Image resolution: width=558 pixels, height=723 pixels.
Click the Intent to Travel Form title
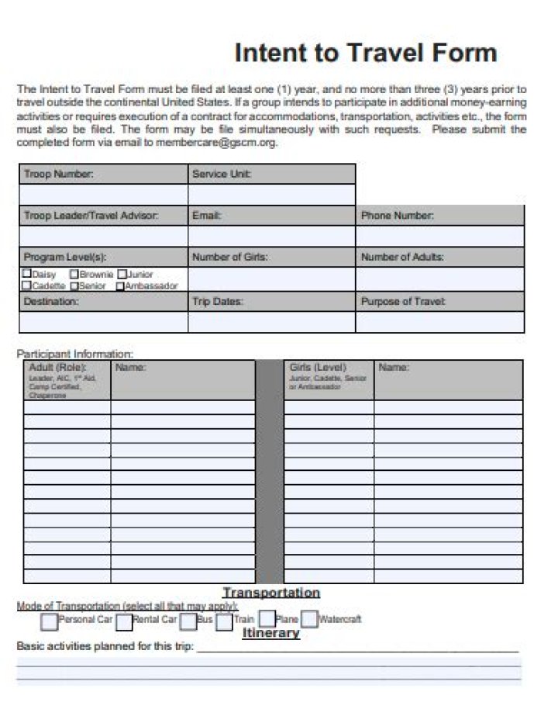point(365,53)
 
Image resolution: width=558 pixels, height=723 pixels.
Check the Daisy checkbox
point(28,274)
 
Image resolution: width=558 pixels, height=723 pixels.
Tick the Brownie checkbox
point(74,274)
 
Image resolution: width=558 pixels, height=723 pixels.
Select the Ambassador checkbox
point(121,285)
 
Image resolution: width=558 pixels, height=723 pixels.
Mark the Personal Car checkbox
point(49,621)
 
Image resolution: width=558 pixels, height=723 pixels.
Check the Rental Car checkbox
point(124,621)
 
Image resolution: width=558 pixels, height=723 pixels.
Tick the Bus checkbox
point(188,621)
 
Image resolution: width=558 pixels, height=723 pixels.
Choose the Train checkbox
point(224,621)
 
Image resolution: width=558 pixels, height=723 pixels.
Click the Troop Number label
point(59,175)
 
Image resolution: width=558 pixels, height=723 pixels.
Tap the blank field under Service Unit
point(271,195)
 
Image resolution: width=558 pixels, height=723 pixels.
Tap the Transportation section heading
point(271,593)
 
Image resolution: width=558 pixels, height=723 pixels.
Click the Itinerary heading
point(270,633)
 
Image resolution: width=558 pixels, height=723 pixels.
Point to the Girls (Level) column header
point(318,367)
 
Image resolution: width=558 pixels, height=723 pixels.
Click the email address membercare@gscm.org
point(216,143)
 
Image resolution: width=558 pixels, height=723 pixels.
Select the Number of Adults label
point(402,257)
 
